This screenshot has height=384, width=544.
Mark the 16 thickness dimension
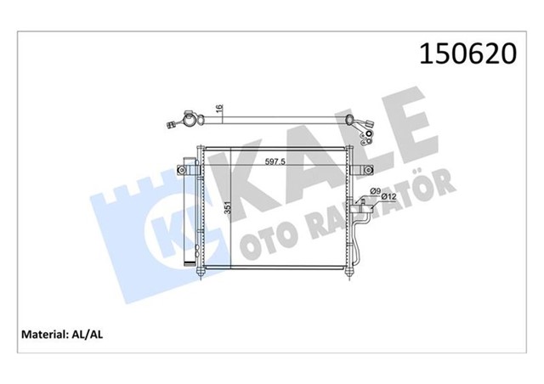coord(218,111)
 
